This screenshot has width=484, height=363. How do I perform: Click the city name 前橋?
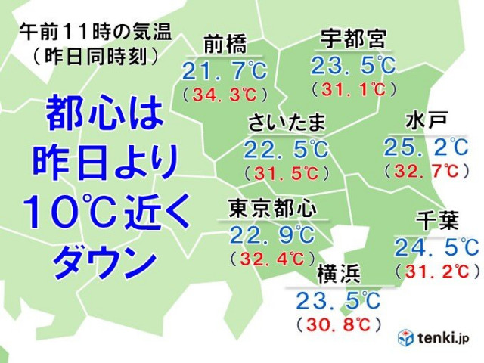click(226, 43)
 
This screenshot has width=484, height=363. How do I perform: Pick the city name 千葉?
click(436, 221)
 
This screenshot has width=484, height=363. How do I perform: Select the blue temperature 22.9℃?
click(271, 233)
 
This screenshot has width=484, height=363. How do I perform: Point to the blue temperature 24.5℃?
click(436, 247)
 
